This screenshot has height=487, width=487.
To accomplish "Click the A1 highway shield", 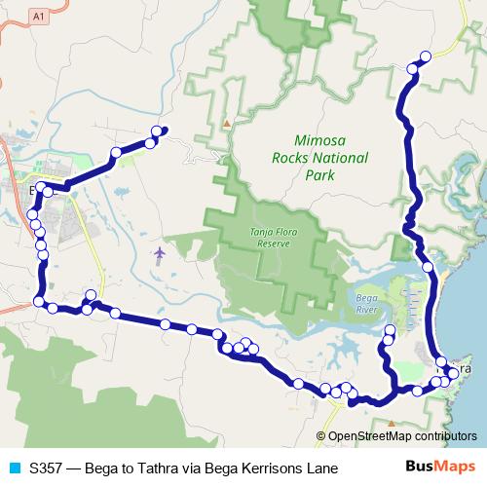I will pyautogui.click(x=38, y=16).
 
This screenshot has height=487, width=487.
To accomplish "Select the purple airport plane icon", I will pyautogui.click(x=160, y=254).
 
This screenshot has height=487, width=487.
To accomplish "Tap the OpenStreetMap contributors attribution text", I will pyautogui.click(x=401, y=436).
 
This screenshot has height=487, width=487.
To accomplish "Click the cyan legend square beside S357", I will pyautogui.click(x=14, y=468).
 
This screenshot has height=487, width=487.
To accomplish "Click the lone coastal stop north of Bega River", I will pyautogui.click(x=428, y=267).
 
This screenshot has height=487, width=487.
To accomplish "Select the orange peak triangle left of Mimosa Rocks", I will pyautogui.click(x=227, y=124).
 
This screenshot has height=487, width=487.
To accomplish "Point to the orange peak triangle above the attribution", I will pyautogui.click(x=392, y=424).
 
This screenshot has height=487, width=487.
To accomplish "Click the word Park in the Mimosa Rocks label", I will pyautogui.click(x=318, y=175).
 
